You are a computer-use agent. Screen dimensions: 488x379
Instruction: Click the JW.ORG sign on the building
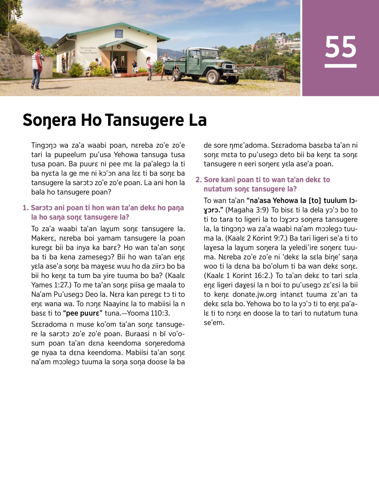click(x=119, y=34)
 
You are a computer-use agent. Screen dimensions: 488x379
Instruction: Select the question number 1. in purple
click(x=26, y=208)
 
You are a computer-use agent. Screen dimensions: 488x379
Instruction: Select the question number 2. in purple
click(x=198, y=180)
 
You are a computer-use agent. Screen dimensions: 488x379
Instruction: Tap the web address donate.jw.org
click(x=254, y=294)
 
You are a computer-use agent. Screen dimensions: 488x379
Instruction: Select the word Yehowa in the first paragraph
click(x=126, y=155)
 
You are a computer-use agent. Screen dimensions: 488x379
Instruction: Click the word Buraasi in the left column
click(x=137, y=334)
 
